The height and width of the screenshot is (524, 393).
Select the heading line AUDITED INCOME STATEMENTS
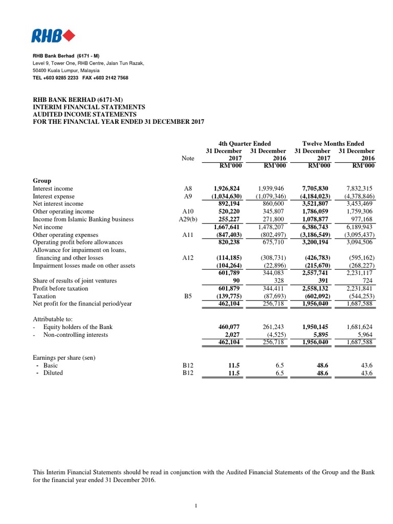(x=85, y=114)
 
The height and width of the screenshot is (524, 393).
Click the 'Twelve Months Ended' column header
(x=334, y=144)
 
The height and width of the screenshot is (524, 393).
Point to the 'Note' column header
(x=188, y=159)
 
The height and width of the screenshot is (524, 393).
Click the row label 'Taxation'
(x=45, y=296)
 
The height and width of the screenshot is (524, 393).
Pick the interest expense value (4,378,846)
(x=358, y=196)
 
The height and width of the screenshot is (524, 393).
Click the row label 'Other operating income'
(x=63, y=212)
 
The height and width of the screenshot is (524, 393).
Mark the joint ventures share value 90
(x=237, y=280)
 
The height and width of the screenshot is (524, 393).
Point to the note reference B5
(x=188, y=296)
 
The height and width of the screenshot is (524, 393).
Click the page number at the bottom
(x=196, y=506)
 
